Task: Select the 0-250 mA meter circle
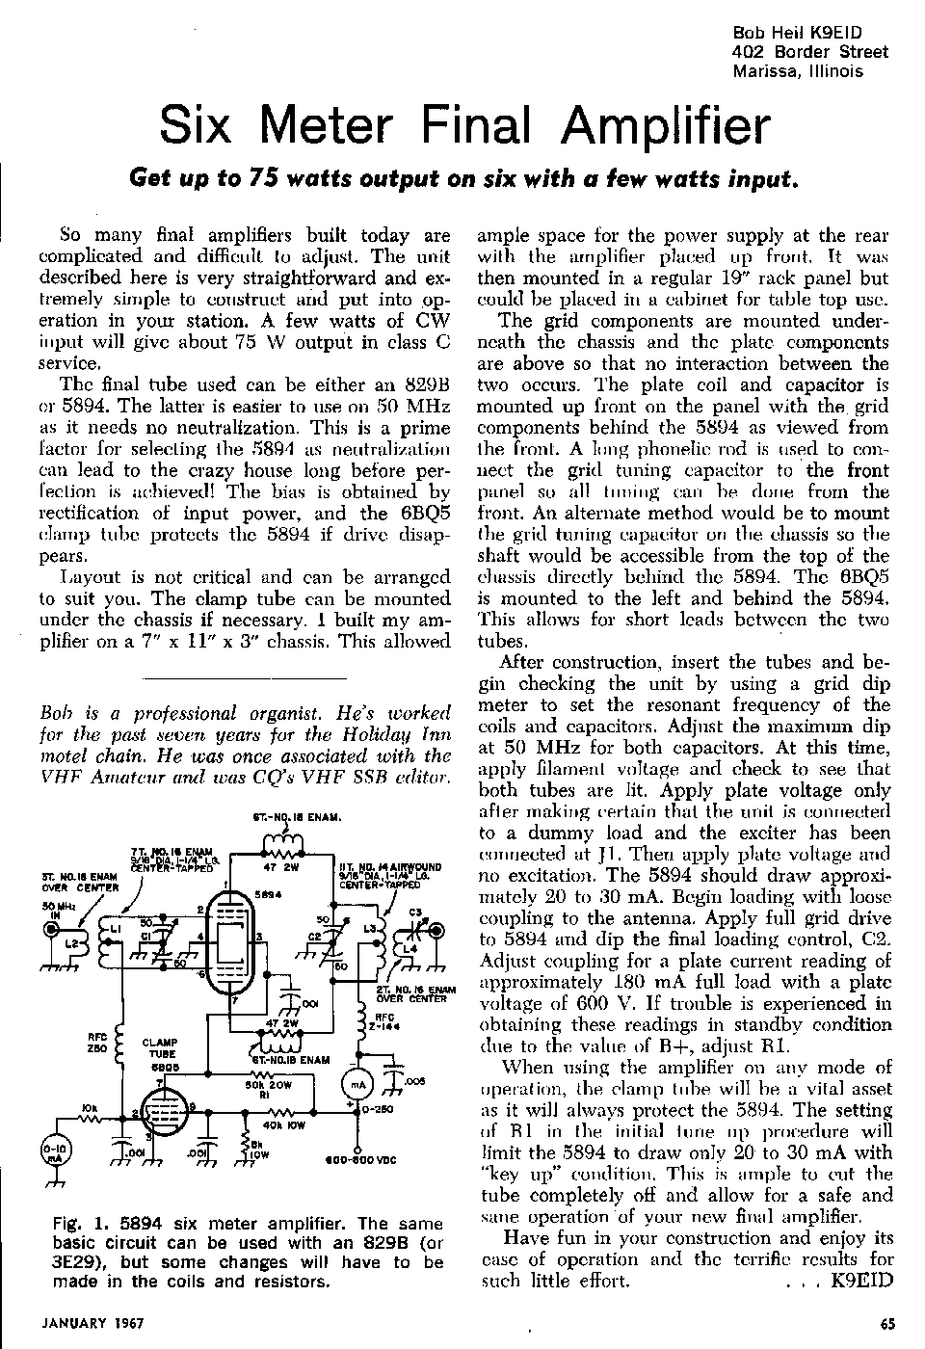point(357,1084)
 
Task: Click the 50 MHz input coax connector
point(51,929)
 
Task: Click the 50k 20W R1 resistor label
point(262,1089)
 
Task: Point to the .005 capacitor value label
point(415,1082)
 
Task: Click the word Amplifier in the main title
point(666,125)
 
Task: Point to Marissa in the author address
point(766,70)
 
